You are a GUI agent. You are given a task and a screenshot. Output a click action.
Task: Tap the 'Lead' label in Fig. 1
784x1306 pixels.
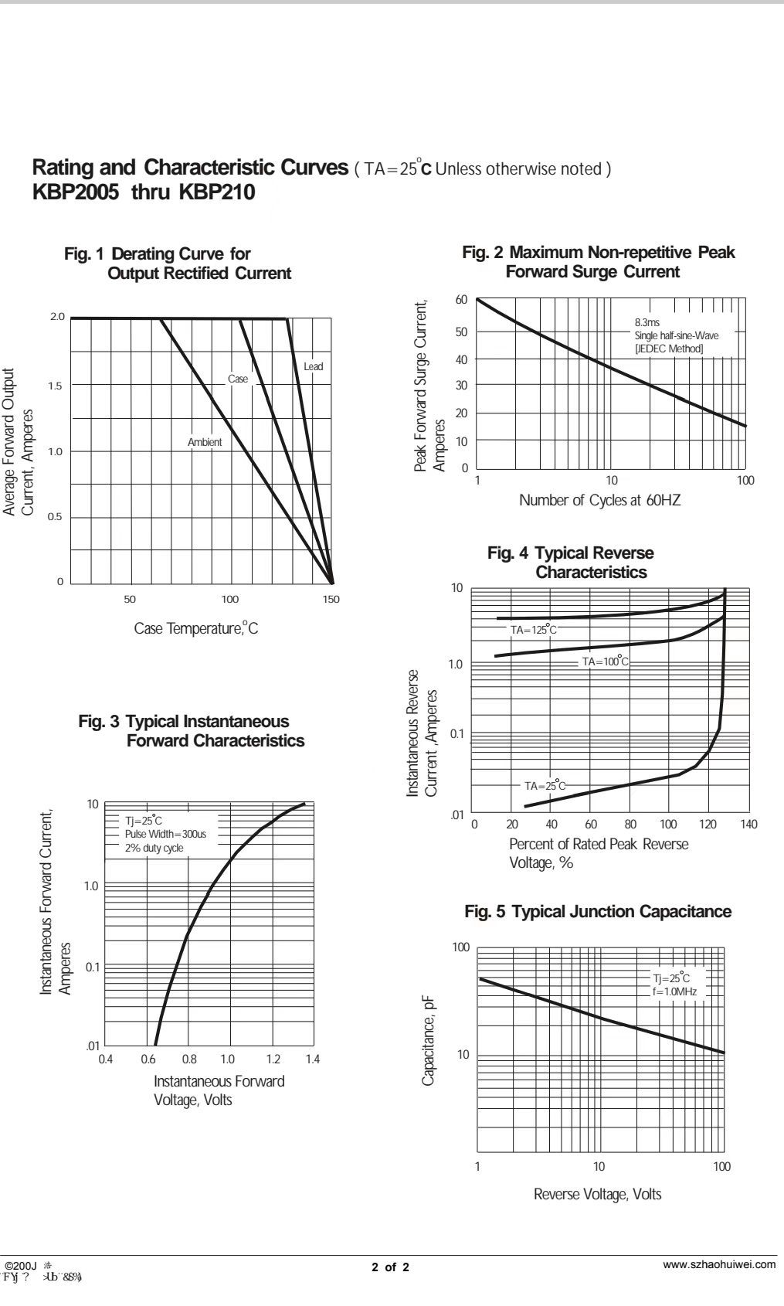pos(314,366)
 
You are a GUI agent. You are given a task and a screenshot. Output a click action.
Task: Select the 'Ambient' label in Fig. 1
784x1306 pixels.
pos(205,442)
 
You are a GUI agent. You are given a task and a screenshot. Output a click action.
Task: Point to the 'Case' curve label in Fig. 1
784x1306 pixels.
pos(238,379)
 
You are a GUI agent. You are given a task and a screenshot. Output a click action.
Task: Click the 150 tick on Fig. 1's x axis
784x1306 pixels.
pos(331,599)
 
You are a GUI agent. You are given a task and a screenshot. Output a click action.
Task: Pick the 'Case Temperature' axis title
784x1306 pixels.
pos(196,628)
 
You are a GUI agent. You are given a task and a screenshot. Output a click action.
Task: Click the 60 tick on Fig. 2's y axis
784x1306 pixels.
pos(461,300)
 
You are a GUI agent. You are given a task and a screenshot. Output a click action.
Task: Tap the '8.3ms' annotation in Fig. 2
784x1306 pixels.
pos(647,322)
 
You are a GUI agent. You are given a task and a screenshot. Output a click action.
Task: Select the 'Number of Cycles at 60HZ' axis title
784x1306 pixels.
pos(599,500)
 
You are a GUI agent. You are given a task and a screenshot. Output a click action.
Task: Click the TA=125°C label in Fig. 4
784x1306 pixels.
pos(533,630)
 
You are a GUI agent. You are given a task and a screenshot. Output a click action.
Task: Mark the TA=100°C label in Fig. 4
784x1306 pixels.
pos(606,662)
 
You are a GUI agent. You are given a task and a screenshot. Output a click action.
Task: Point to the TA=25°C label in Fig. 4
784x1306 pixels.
pos(545,786)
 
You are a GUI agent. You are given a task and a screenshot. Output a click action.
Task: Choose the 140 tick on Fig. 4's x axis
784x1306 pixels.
pos(748,825)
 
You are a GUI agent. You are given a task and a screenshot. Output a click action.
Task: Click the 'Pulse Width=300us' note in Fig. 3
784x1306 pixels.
pos(165,834)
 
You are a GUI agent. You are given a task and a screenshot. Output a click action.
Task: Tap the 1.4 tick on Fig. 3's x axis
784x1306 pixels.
pos(312,1059)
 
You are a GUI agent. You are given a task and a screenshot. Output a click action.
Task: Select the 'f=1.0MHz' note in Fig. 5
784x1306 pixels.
pos(674,991)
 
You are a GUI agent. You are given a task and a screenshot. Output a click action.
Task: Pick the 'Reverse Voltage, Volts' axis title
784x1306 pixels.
pos(597,1194)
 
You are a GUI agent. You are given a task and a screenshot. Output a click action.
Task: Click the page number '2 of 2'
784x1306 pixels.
pos(391,1267)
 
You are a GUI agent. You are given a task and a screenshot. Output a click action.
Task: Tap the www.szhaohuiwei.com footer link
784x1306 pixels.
pos(719,1264)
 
